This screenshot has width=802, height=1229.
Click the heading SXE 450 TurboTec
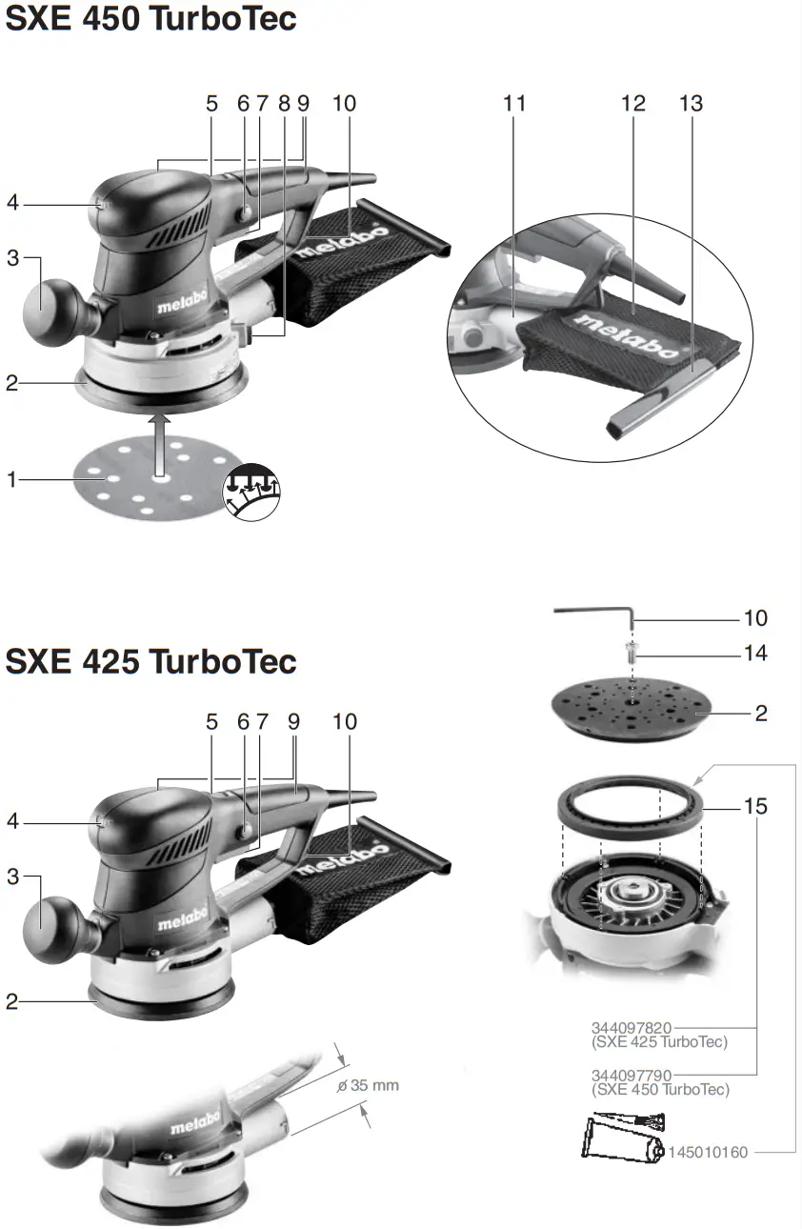[150, 19]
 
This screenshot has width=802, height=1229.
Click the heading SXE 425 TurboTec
[150, 661]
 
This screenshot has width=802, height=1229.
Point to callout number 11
[514, 103]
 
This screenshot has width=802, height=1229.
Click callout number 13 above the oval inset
[692, 103]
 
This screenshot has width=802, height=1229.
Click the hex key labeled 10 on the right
[591, 614]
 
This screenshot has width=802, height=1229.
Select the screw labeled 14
[632, 654]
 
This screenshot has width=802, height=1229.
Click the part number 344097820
[632, 1028]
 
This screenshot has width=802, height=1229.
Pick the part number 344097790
[632, 1075]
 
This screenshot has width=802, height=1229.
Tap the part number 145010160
[709, 1153]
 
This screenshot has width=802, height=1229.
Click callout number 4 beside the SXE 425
[12, 820]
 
